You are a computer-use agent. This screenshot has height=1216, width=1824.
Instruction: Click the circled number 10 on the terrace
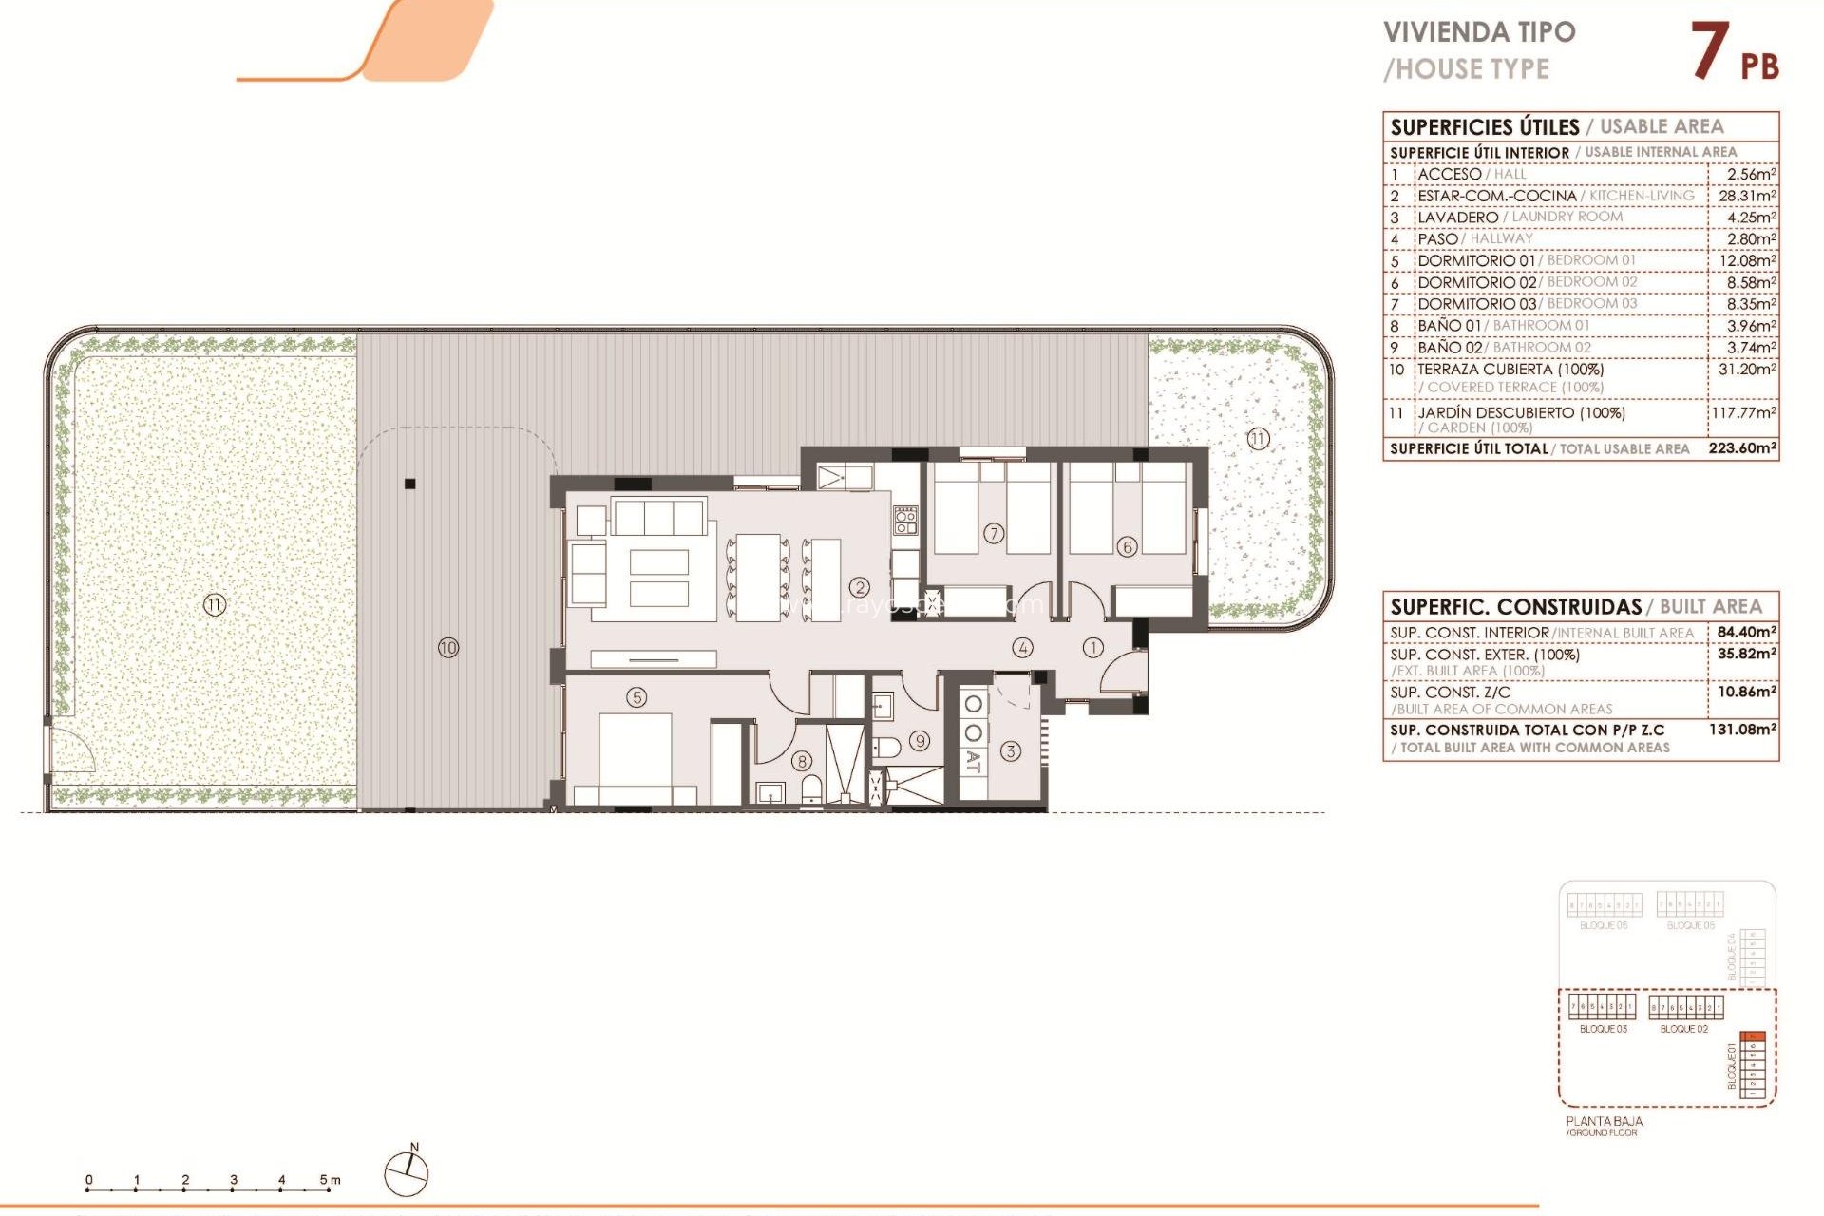click(448, 648)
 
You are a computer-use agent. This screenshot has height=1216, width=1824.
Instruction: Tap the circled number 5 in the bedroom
click(636, 697)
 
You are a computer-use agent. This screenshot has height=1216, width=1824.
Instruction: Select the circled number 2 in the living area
click(860, 587)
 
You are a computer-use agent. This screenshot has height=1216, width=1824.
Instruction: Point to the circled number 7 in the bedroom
click(994, 533)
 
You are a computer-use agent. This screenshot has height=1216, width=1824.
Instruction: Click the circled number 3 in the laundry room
click(1011, 750)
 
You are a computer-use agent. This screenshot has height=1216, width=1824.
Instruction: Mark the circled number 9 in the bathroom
click(920, 741)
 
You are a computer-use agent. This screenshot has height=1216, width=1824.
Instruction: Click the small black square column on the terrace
click(410, 484)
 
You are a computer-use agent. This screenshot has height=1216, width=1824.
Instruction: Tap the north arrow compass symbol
click(407, 1173)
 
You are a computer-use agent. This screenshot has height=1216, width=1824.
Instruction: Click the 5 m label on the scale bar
click(330, 1180)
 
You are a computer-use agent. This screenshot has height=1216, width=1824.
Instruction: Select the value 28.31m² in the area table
click(1746, 196)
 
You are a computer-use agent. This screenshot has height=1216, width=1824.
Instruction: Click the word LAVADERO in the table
click(1457, 218)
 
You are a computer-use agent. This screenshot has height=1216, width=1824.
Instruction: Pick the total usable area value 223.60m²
click(1742, 448)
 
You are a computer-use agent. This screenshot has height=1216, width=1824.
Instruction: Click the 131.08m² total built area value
click(1742, 730)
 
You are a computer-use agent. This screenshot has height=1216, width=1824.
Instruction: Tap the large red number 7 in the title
click(1709, 51)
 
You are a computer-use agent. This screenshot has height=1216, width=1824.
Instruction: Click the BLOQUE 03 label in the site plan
click(1603, 1029)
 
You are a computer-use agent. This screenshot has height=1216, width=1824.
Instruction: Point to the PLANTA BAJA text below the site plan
click(1604, 1121)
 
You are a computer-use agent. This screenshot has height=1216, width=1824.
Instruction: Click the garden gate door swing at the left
click(72, 750)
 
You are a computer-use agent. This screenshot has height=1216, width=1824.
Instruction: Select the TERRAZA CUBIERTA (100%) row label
click(1510, 369)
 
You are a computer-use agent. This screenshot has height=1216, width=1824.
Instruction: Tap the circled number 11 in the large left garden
click(215, 604)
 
